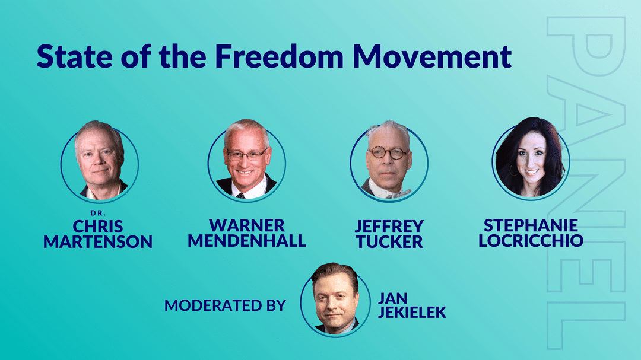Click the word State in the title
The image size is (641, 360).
point(74,56)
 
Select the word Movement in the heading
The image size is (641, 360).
point(432,56)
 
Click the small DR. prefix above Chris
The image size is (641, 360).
point(98,213)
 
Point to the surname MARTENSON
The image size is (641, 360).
point(98,241)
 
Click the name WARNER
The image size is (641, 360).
point(246,225)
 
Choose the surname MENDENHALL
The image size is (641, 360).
point(247,241)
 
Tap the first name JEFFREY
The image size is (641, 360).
point(389,226)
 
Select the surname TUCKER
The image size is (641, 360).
point(389,241)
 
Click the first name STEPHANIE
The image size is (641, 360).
point(531,225)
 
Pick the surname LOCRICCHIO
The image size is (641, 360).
point(531,241)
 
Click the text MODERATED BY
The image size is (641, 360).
point(225,305)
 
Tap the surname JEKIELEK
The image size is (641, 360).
point(412,312)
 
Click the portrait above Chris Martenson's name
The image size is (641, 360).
point(100,161)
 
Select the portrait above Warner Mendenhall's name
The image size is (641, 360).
point(246,160)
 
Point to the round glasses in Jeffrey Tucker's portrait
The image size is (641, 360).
point(388,153)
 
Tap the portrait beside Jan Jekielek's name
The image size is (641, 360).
point(335,300)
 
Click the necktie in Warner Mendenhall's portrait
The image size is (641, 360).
point(241,196)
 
